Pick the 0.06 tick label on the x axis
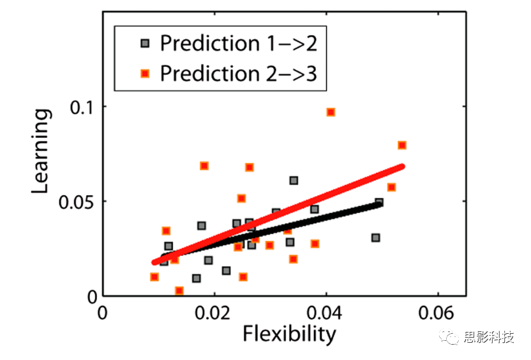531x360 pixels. [x=437, y=313]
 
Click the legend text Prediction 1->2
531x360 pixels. [x=238, y=43]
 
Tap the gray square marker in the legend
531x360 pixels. [x=145, y=44]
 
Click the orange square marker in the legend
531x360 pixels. [x=145, y=74]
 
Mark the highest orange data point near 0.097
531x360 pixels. [x=331, y=112]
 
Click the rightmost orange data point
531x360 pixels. [x=402, y=146]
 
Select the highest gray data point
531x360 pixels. [x=294, y=181]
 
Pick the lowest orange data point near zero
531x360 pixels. [x=179, y=291]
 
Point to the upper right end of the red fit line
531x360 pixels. [x=402, y=167]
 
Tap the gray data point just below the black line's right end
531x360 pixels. [x=376, y=237]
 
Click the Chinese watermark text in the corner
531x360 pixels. [x=488, y=338]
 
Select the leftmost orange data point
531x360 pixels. [x=154, y=277]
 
